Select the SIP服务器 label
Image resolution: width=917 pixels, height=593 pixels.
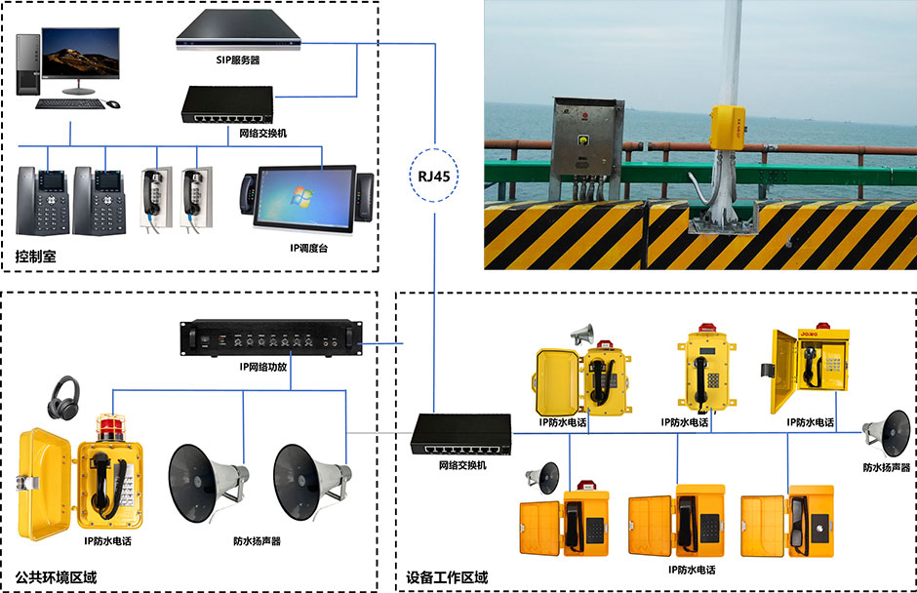coord(238,59)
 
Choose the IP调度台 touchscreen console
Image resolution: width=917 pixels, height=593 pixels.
coord(307,196)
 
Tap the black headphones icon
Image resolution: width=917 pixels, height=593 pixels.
coord(67,395)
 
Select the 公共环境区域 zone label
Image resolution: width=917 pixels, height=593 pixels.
coord(56,577)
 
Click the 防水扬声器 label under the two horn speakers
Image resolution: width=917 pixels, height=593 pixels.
coord(257,540)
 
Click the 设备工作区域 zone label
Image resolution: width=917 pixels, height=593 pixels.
coord(446,577)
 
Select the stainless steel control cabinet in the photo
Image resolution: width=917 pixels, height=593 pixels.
coord(584,138)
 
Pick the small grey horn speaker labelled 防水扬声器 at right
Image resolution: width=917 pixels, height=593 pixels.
coord(888,430)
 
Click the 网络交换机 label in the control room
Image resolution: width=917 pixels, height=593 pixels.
coord(262,133)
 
